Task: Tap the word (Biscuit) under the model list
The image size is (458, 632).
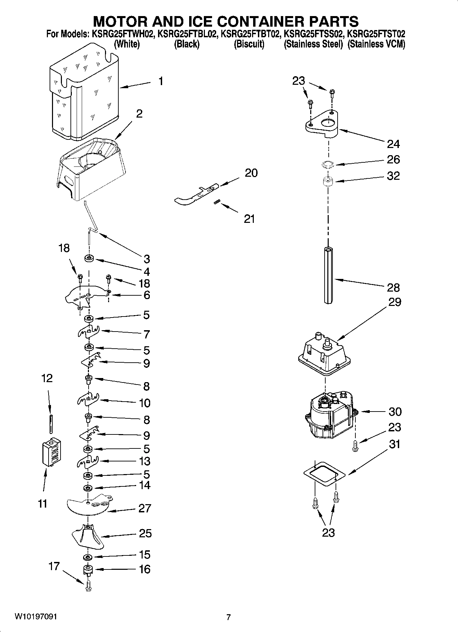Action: (x=249, y=44)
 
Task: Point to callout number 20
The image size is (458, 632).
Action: (x=251, y=173)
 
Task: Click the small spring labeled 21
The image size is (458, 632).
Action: (x=216, y=202)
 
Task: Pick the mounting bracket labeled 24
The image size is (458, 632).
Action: (x=322, y=125)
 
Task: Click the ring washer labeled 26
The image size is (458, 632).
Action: (x=328, y=165)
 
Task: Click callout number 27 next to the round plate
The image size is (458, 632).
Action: (x=145, y=508)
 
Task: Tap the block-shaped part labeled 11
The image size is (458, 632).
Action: (x=51, y=452)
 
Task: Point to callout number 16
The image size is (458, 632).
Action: (x=145, y=569)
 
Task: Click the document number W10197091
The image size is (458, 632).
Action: (x=36, y=617)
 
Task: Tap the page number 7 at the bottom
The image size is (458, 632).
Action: (x=228, y=617)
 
